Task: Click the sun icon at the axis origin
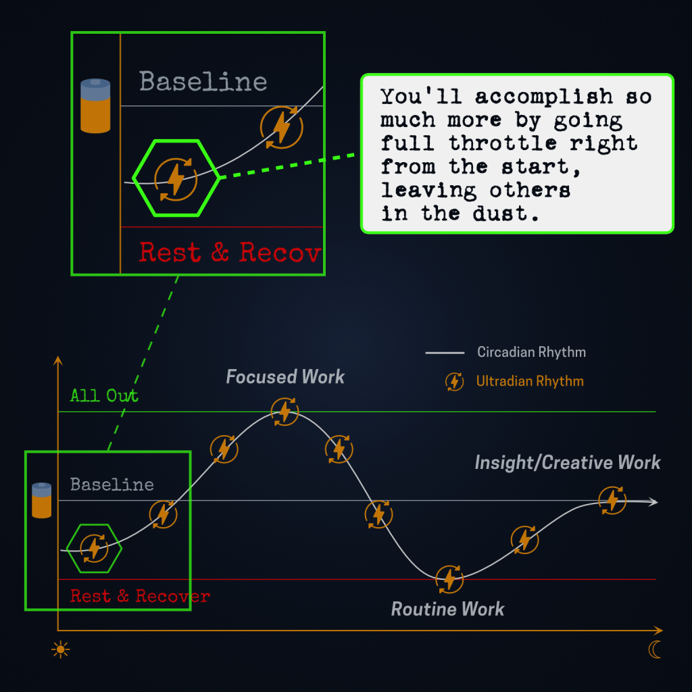tap(61, 650)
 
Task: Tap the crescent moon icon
tap(654, 650)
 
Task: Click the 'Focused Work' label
tap(285, 377)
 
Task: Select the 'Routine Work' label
tap(447, 610)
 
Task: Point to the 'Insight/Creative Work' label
tap(568, 463)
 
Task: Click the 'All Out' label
tap(104, 395)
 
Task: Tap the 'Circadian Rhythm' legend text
tap(531, 352)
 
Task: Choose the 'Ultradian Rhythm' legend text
tap(530, 381)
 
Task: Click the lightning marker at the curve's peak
tap(285, 412)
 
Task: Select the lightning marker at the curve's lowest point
tap(449, 578)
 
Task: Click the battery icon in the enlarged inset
tap(95, 106)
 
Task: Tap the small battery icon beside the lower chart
tap(42, 500)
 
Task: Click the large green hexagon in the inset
tap(176, 178)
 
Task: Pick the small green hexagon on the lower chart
tap(94, 548)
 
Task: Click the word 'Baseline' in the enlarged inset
tap(203, 82)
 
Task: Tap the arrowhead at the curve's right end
tap(653, 502)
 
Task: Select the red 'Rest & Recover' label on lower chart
tap(140, 597)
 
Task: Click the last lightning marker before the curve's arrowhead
tap(612, 499)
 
